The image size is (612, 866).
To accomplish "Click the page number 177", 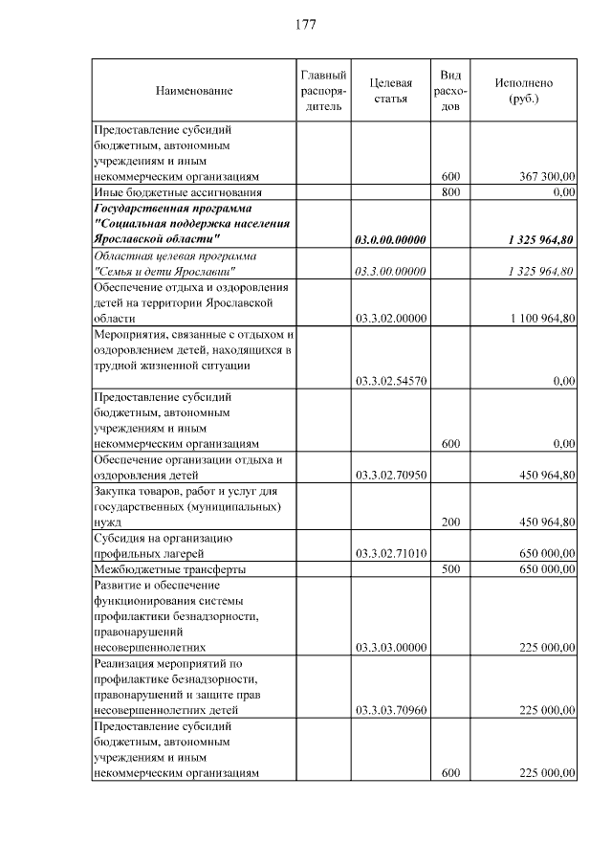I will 306,24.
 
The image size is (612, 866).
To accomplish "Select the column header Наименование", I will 194,91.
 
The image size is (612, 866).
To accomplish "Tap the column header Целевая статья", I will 390,91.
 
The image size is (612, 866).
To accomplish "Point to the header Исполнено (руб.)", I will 523,91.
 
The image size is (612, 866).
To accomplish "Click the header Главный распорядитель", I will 322,91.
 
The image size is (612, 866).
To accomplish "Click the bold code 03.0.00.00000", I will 390,239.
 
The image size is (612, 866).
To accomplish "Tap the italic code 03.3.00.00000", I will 390,272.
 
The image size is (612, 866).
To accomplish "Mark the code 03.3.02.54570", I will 390,381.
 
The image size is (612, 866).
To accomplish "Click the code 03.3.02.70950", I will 390,475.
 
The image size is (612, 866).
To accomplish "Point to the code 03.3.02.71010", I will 390,553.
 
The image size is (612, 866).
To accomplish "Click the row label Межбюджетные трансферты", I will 168,568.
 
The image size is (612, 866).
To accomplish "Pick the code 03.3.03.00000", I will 390,647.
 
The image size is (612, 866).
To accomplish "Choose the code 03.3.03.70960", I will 390,710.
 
